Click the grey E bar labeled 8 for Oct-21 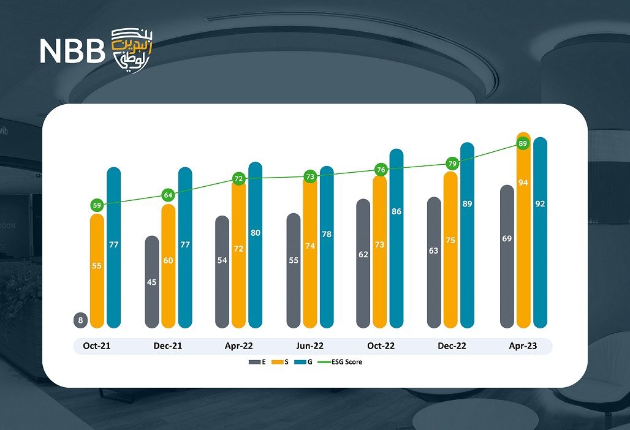pos(80,320)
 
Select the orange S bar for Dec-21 pos(169,266)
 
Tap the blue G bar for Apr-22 pos(255,245)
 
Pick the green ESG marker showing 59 pos(97,206)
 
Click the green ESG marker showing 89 pos(523,144)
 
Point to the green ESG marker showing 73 pos(310,177)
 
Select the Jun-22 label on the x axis pos(309,346)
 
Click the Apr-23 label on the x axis pos(523,346)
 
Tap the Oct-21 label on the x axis pos(97,346)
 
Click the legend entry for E pos(257,362)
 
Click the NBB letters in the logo pos(72,52)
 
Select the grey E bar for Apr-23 pos(507,257)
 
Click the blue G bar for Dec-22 pos(468,236)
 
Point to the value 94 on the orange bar pos(523,183)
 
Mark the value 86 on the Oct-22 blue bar pos(397,211)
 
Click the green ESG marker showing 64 pos(169,195)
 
